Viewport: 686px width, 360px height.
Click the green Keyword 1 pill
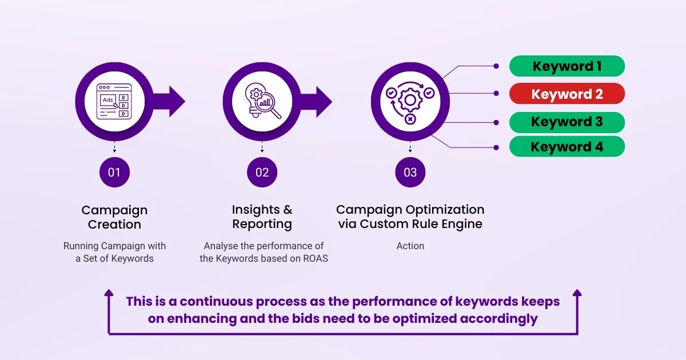pyautogui.click(x=567, y=66)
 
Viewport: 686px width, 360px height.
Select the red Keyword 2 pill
pyautogui.click(x=567, y=94)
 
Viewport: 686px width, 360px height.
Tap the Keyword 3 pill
pyautogui.click(x=567, y=122)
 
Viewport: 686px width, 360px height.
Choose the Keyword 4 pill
pyautogui.click(x=567, y=147)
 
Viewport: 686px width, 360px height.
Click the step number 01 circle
pyautogui.click(x=114, y=172)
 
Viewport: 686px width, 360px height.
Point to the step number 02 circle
pyautogui.click(x=262, y=172)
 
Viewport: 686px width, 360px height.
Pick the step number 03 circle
pyautogui.click(x=410, y=172)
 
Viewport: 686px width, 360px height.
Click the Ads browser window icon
pyautogui.click(x=114, y=102)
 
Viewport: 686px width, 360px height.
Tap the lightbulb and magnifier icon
pyautogui.click(x=262, y=102)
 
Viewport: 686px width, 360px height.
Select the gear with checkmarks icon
pyautogui.click(x=409, y=102)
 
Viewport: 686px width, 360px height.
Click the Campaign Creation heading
pyautogui.click(x=114, y=217)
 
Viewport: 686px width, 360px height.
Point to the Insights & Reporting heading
pyautogui.click(x=262, y=217)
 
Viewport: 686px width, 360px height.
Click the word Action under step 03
pyautogui.click(x=410, y=246)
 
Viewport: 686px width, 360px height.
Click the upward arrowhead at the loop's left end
pyautogui.click(x=109, y=294)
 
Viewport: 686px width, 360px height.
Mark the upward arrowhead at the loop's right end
pyautogui.click(x=577, y=294)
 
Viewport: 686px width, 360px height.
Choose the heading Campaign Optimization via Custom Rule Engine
pyautogui.click(x=410, y=217)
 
